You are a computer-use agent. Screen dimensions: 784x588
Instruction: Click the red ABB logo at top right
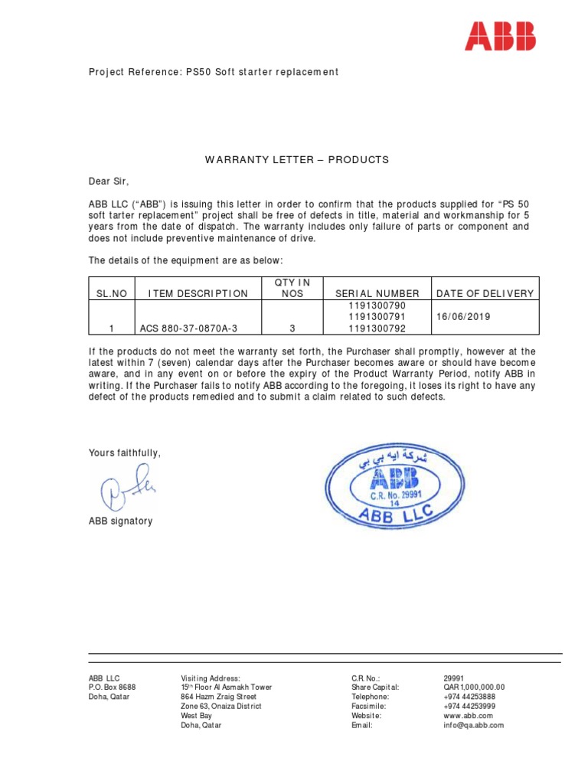pyautogui.click(x=501, y=37)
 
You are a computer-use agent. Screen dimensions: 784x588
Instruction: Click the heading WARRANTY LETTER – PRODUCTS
pyautogui.click(x=296, y=160)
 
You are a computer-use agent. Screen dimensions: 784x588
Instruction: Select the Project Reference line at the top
pyautogui.click(x=214, y=72)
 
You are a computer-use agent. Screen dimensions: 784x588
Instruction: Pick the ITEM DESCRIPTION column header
pyautogui.click(x=198, y=293)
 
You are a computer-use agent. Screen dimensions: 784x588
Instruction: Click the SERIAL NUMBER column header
pyautogui.click(x=377, y=293)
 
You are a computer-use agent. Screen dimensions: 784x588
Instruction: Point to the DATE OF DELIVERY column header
pyautogui.click(x=485, y=293)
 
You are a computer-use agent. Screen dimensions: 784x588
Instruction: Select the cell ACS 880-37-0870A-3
pyautogui.click(x=188, y=328)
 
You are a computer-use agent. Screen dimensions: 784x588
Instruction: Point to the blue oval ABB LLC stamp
pyautogui.click(x=394, y=488)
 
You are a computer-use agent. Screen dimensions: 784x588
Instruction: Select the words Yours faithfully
pyautogui.click(x=125, y=452)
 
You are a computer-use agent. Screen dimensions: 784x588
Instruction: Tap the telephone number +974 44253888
pyautogui.click(x=469, y=697)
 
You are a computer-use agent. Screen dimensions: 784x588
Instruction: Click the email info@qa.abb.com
pyautogui.click(x=473, y=724)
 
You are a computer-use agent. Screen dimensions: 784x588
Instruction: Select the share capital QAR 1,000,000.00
pyautogui.click(x=474, y=688)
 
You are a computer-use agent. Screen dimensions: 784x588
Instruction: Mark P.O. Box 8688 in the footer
pyautogui.click(x=112, y=688)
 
